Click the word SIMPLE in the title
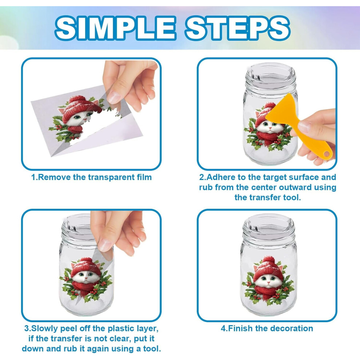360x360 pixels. (x=115, y=28)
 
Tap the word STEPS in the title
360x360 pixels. (x=238, y=28)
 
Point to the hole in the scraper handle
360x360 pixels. (x=327, y=153)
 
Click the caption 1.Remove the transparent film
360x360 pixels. (x=91, y=177)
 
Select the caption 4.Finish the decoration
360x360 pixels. (x=267, y=328)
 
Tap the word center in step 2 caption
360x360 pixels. (x=264, y=187)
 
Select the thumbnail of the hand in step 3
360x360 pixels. (x=105, y=245)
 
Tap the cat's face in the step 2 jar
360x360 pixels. (x=270, y=126)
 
